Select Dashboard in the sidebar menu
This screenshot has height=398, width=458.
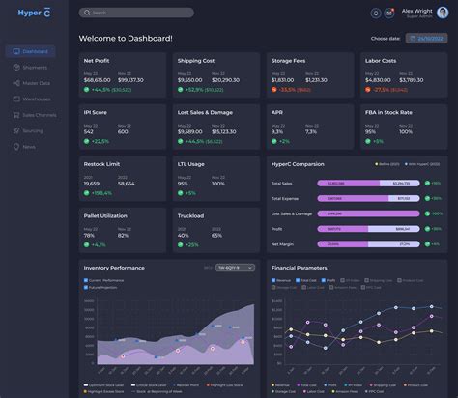tap(35, 51)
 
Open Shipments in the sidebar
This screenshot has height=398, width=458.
tap(35, 68)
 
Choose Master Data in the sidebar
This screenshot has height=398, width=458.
tap(36, 83)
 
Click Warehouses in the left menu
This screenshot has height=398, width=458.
tap(36, 99)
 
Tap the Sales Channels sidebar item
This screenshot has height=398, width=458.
tap(39, 115)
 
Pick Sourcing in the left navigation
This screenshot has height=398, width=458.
tap(33, 130)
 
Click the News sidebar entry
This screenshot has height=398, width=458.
tap(29, 147)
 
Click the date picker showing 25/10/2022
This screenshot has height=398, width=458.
tap(425, 38)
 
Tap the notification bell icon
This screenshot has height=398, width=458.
tap(376, 13)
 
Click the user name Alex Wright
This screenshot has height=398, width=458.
tap(417, 10)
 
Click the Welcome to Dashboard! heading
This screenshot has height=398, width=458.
tap(126, 38)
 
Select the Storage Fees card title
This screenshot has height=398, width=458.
tap(288, 61)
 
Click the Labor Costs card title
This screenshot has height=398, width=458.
tap(381, 61)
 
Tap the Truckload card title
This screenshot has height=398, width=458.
tap(190, 216)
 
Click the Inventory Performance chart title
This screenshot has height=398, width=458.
tap(114, 268)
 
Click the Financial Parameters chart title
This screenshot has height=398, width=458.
tap(299, 268)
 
